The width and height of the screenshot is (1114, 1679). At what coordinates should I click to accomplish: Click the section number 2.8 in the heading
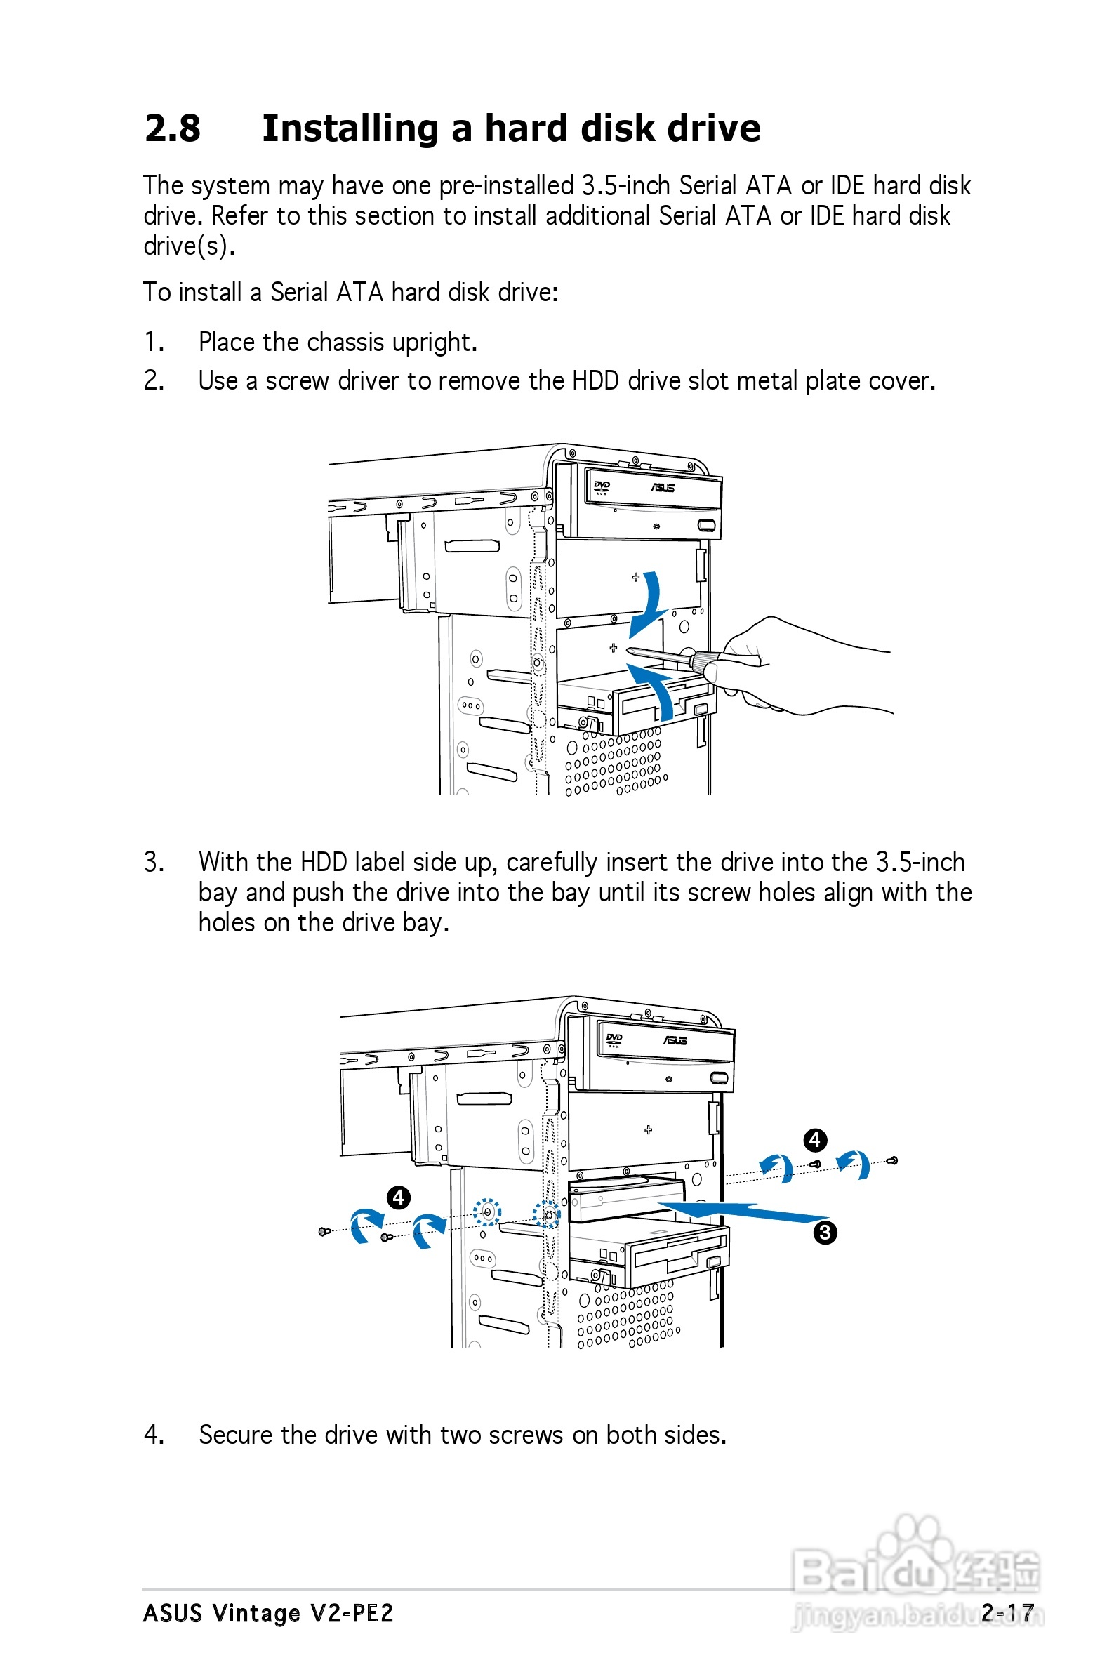(x=172, y=128)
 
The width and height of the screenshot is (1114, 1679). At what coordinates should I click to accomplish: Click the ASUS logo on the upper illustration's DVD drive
(x=662, y=488)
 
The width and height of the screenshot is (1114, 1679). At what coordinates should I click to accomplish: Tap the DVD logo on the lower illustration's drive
(x=614, y=1040)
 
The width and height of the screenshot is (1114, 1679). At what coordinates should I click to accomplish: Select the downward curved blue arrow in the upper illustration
(x=650, y=604)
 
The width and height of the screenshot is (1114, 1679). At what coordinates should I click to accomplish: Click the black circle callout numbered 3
(x=825, y=1233)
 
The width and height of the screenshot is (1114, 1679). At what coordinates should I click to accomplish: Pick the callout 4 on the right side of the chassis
(x=815, y=1140)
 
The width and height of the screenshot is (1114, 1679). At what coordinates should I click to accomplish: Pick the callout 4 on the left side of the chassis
(x=399, y=1197)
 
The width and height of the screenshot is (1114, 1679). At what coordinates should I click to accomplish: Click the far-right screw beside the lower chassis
(x=894, y=1160)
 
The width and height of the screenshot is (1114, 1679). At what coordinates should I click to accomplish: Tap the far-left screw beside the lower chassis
(x=324, y=1231)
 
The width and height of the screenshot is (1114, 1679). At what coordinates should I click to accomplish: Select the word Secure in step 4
(x=236, y=1435)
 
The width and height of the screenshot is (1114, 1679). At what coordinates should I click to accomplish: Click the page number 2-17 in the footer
(x=1007, y=1612)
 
